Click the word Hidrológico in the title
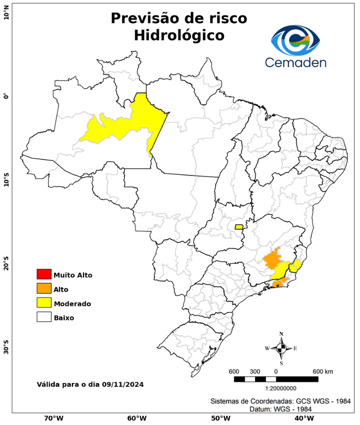[x=179, y=35]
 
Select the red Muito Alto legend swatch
[x=44, y=274]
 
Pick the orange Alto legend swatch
[x=44, y=289]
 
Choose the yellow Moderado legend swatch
[x=44, y=303]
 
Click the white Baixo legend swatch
[x=44, y=318]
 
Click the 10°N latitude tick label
[x=6, y=13]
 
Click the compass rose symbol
[x=281, y=348]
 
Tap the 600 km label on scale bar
[x=323, y=371]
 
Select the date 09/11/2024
[x=123, y=383]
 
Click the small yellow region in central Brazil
[x=239, y=227]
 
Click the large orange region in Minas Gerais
[x=273, y=259]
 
